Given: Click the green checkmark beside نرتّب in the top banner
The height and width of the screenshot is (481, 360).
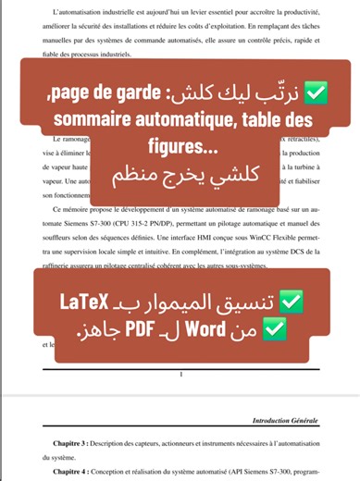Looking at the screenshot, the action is click(x=325, y=93).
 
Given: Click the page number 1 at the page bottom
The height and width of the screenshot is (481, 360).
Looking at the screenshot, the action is click(x=180, y=374).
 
